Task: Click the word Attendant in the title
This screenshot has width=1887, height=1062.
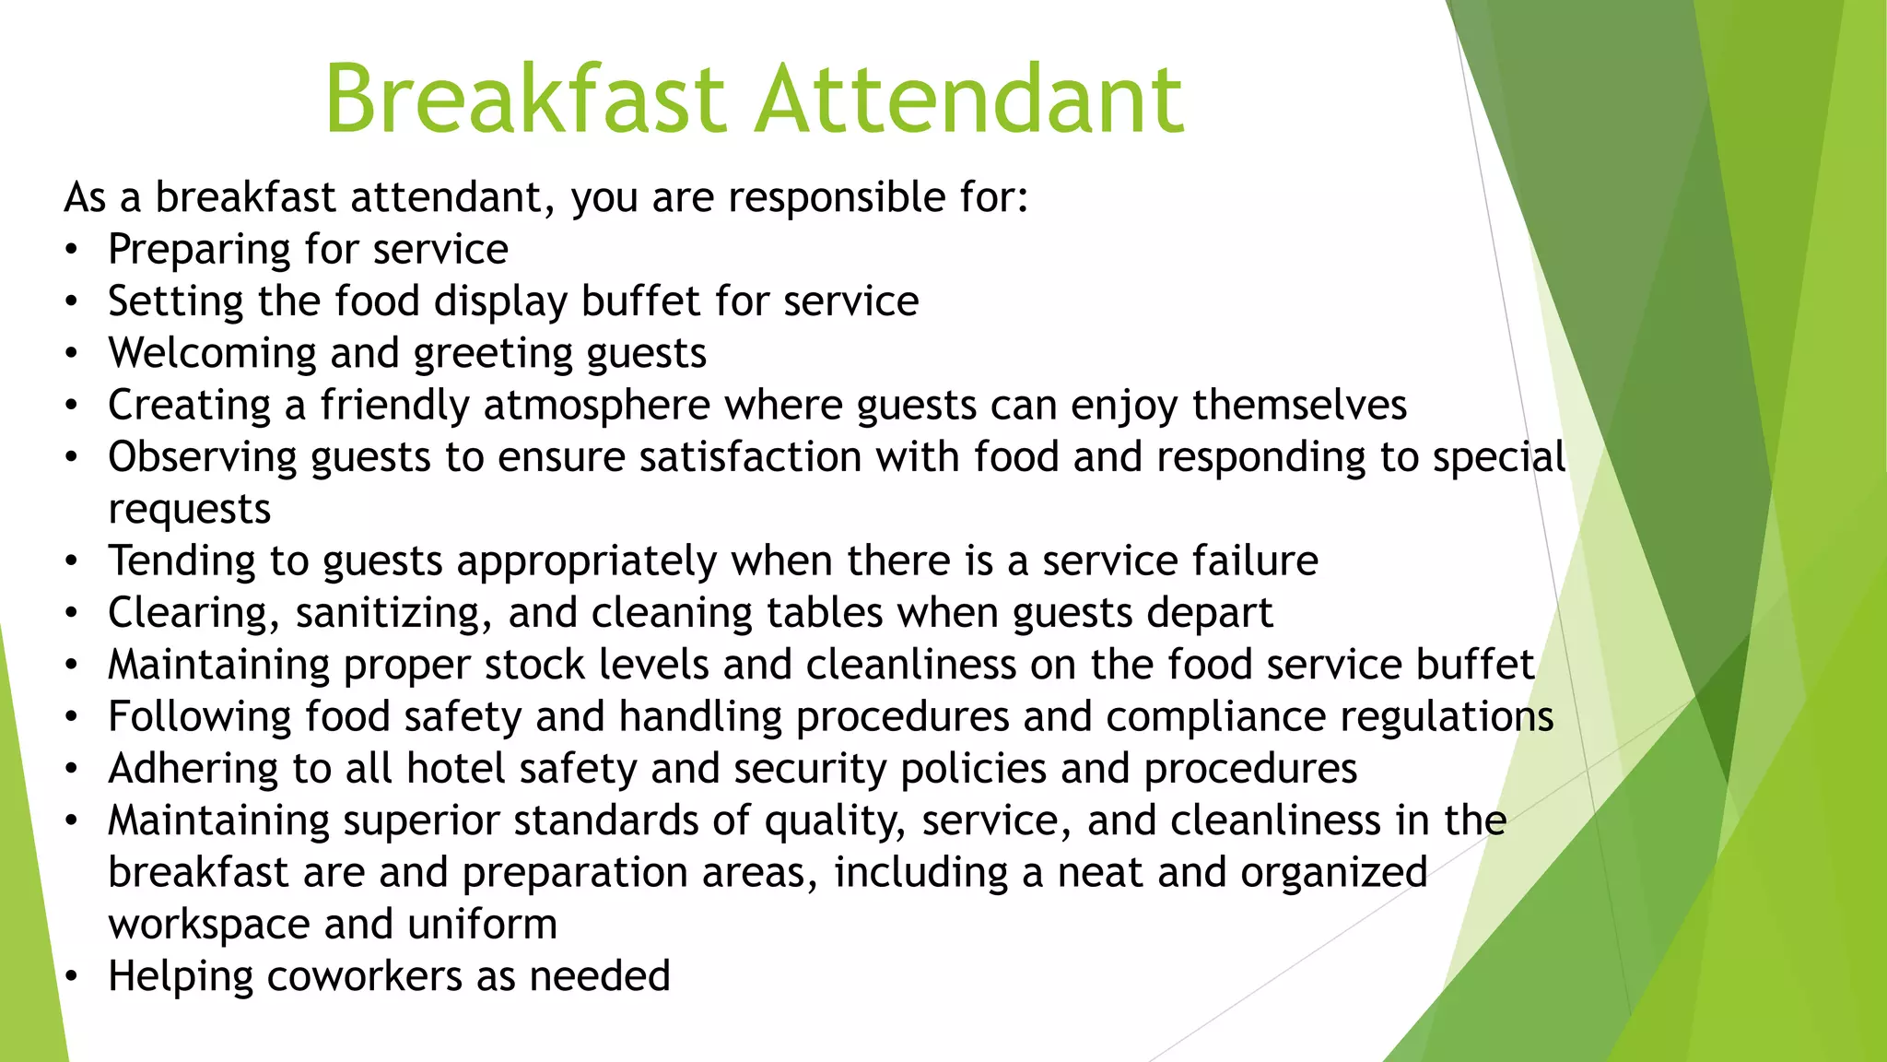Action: click(969, 99)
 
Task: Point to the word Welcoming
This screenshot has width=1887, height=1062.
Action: click(212, 354)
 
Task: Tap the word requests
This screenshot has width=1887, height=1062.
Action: click(189, 510)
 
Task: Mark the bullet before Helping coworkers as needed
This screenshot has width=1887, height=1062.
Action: click(72, 977)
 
